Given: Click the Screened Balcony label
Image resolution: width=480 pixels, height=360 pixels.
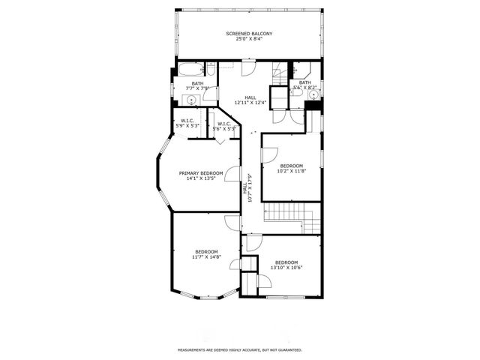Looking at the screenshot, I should (x=249, y=34).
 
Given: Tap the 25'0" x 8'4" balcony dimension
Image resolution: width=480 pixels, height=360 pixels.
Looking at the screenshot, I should (x=249, y=40).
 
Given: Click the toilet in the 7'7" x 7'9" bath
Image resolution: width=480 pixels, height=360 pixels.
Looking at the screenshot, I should (x=211, y=70).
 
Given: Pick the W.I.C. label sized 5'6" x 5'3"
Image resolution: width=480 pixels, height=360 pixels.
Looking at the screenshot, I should (x=224, y=126).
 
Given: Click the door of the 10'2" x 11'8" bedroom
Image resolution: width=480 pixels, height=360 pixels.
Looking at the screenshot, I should (x=267, y=154).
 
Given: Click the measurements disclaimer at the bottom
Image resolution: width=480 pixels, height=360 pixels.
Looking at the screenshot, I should (x=239, y=349).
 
